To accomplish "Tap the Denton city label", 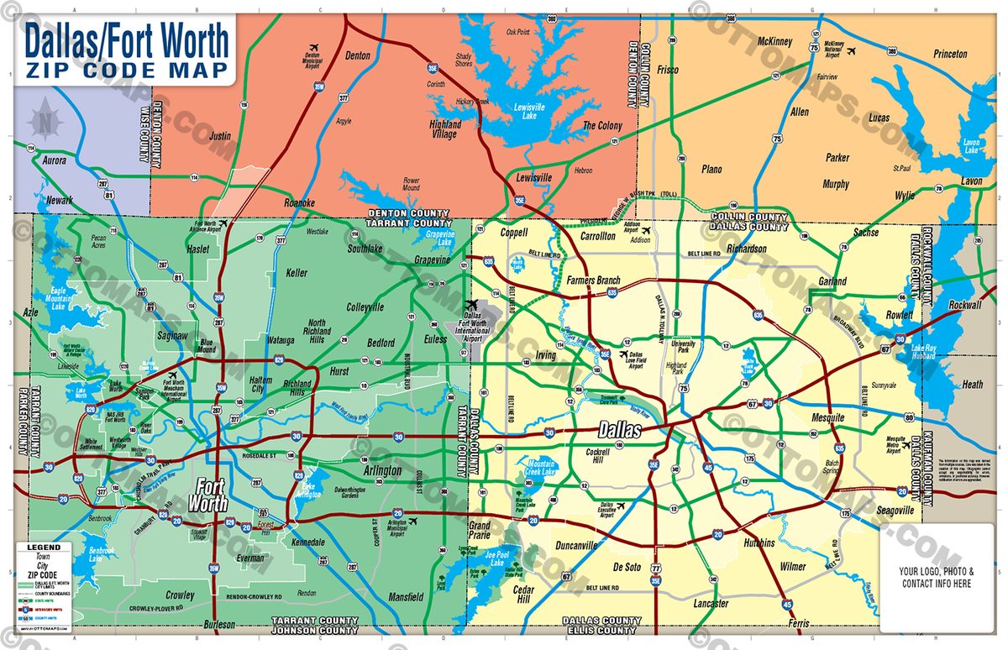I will pyautogui.click(x=358, y=55).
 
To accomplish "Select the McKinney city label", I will pyautogui.click(x=774, y=40).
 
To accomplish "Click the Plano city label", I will pyautogui.click(x=711, y=169).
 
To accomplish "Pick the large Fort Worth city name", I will pyautogui.click(x=211, y=495).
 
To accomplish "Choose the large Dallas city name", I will pyautogui.click(x=619, y=431).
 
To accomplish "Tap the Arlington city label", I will pyautogui.click(x=382, y=471).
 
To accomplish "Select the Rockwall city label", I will pyautogui.click(x=964, y=305).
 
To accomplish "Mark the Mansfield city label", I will pyautogui.click(x=406, y=598).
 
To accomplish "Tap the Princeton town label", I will pyautogui.click(x=950, y=55).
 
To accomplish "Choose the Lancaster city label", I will pyautogui.click(x=711, y=604).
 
